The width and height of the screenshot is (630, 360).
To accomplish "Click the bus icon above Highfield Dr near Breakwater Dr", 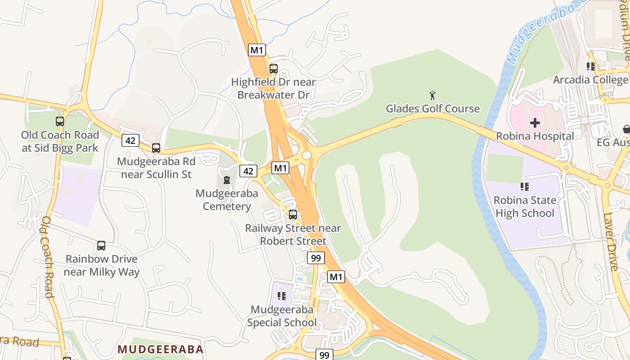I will point(273,69).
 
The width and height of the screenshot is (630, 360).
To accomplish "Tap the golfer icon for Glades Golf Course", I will point(432,95).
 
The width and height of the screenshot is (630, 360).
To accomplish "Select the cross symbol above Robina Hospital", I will point(535,122).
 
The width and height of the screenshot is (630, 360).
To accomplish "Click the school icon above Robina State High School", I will point(524,186).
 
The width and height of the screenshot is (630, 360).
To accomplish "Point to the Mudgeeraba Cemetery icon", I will point(226,180).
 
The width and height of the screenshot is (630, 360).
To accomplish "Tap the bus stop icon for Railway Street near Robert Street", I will point(293,214).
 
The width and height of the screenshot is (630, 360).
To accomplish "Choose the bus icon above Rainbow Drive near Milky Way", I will point(101,246).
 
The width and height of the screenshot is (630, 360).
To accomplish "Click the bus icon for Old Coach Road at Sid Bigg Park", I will point(60,121).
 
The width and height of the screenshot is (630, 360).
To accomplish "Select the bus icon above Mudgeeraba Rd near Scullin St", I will point(156,148).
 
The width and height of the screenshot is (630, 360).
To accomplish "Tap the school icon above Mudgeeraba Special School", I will point(282,296).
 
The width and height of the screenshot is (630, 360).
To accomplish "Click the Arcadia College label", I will point(590,80).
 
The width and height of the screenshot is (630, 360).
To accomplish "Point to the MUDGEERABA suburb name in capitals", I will point(161,349).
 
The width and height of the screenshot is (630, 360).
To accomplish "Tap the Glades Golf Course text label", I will point(432,108).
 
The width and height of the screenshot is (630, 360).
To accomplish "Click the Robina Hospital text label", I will point(535,136).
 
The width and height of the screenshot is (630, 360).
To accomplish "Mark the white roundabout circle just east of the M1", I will point(307,155).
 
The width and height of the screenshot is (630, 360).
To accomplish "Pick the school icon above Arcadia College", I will point(591,67).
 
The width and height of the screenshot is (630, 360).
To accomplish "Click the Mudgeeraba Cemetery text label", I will point(227,200).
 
